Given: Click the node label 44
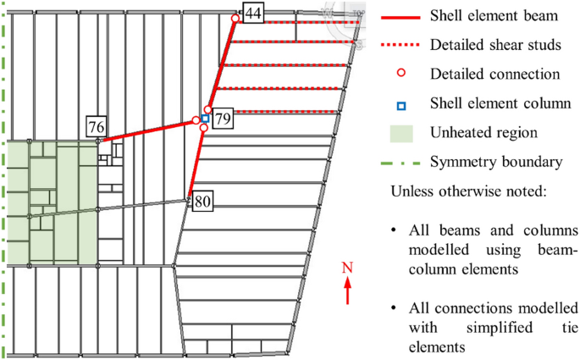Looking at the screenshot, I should [251, 13].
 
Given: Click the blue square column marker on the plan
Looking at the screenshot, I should [205, 119].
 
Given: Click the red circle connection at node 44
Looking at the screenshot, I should [235, 18].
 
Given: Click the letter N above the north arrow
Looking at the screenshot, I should [347, 269].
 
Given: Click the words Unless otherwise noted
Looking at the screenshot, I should [467, 191].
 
